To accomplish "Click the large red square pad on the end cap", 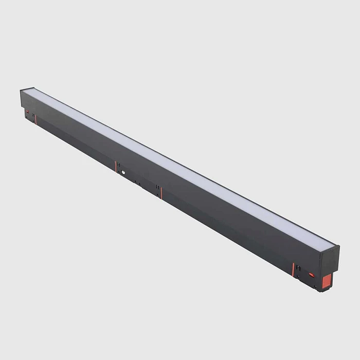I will [x=326, y=281].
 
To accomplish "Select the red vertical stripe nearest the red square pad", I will [x=293, y=270].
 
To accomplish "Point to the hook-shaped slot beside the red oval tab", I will [x=298, y=268].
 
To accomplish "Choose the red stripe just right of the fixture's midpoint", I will [x=161, y=193].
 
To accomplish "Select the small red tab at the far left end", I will [x=27, y=111].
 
